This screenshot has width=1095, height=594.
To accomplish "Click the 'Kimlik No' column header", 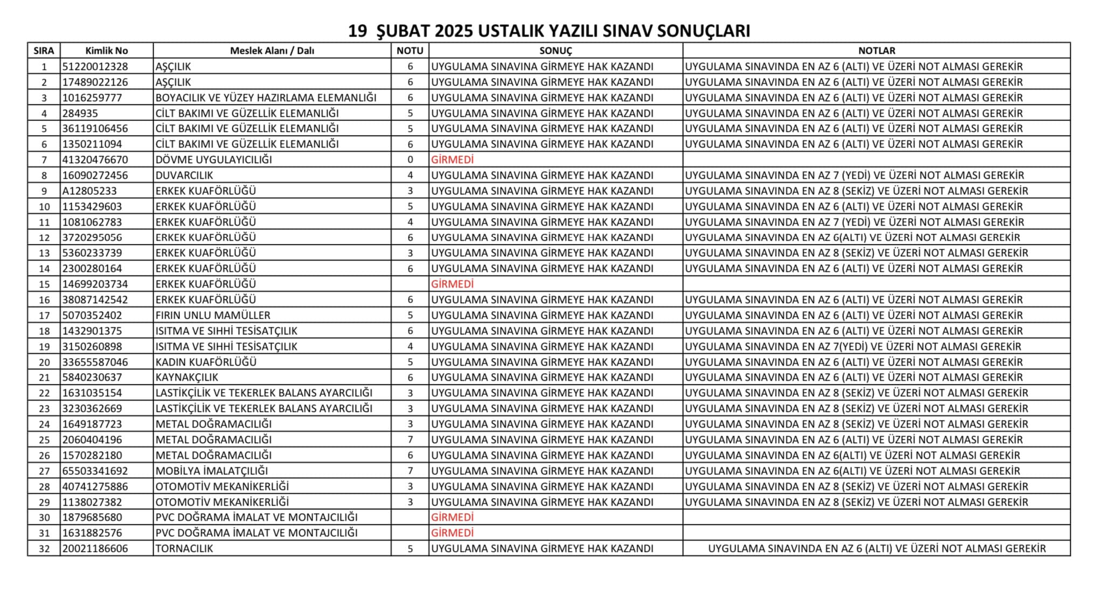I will tap(106, 51).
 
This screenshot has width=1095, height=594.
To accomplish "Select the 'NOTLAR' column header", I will tap(876, 51).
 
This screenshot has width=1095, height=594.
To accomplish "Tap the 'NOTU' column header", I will tap(410, 51).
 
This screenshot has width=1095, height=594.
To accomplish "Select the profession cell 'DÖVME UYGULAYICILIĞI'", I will tap(213, 160).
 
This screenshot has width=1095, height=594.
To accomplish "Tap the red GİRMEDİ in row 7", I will tap(452, 160).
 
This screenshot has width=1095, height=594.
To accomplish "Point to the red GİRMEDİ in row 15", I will tap(452, 284).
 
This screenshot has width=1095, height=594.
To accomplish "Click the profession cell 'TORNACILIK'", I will tap(184, 548).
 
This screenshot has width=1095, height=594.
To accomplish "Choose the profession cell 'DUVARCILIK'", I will tap(184, 175).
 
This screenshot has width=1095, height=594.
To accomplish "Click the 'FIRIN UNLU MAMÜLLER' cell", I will tap(213, 315).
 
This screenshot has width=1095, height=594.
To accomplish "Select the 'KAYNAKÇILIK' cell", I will tap(186, 377).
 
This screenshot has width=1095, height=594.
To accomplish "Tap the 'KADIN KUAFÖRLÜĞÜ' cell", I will tap(206, 362).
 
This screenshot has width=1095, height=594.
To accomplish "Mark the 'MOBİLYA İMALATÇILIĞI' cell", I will tap(211, 471).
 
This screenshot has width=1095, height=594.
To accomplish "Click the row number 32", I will tap(44, 549).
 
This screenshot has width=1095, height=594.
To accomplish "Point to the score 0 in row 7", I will tap(410, 160).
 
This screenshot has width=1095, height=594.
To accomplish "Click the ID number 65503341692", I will tap(95, 471).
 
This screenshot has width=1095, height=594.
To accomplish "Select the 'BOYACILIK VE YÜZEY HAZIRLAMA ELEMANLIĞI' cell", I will tap(266, 98).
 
